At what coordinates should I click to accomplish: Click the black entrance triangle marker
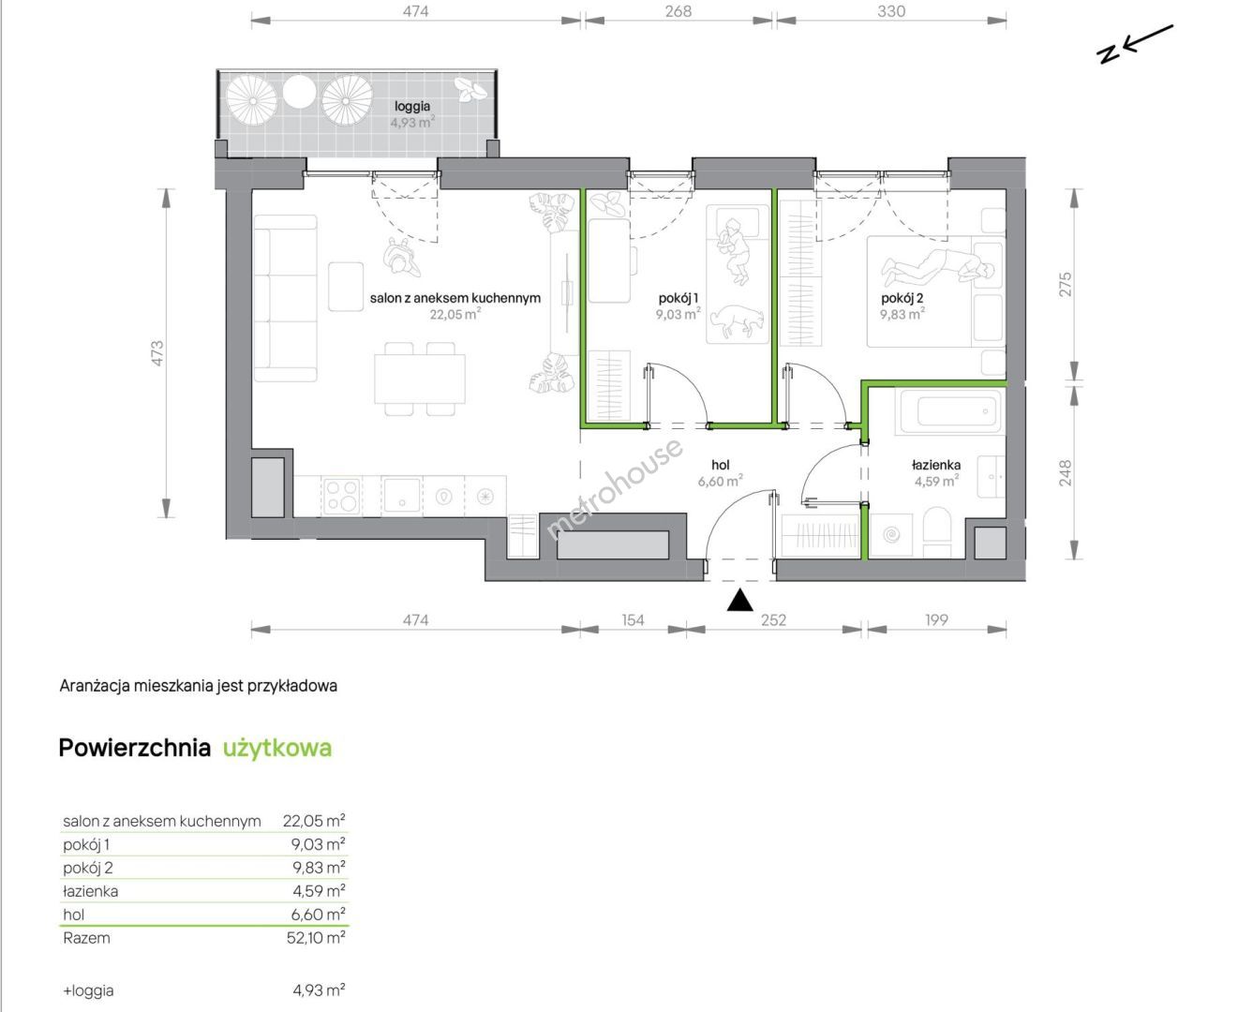[x=739, y=600]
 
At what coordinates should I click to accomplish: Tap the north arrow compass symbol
[x=1134, y=44]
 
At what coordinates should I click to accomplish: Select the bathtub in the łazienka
[x=949, y=411]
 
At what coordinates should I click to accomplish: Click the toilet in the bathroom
[x=936, y=532]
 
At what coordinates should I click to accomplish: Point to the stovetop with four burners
[x=342, y=497]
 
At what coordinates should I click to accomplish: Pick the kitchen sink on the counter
[x=401, y=496]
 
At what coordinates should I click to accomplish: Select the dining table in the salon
[x=420, y=379]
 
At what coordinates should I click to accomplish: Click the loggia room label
[x=412, y=106]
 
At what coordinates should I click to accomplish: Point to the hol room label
[x=721, y=465]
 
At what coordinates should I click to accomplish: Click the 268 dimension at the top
[x=678, y=11]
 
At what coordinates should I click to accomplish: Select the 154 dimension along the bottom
[x=633, y=620]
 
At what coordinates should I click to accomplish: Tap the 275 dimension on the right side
[x=1066, y=284]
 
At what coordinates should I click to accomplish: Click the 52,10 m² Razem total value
[x=315, y=937]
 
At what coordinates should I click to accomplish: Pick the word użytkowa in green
[x=277, y=749]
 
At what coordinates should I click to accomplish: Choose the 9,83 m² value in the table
[x=318, y=868]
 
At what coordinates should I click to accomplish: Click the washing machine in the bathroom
[x=891, y=535]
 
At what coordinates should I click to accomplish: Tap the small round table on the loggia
[x=299, y=93]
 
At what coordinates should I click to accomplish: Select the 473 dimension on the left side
[x=157, y=352]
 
